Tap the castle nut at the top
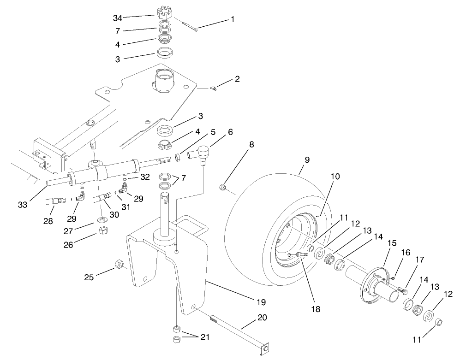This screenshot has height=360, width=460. tap(165, 12)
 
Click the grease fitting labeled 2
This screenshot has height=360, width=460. tap(214, 87)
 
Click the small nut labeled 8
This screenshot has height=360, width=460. tap(222, 187)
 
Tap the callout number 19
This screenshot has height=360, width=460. tap(261, 302)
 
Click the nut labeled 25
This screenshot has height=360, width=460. tap(118, 264)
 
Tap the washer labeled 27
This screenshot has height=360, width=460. tap(101, 217)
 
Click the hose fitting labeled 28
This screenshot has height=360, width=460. tap(56, 201)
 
